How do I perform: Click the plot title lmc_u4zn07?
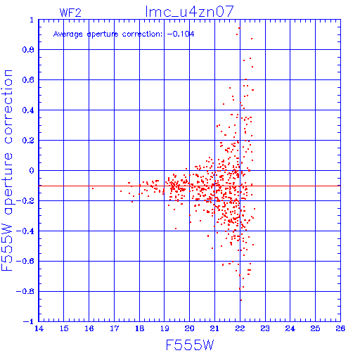189,11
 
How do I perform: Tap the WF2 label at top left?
70,13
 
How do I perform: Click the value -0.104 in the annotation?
181,34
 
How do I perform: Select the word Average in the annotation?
68,34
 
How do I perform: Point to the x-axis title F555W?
190,345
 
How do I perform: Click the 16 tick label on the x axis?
89,328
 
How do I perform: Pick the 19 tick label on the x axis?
165,328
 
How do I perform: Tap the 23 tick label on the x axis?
265,328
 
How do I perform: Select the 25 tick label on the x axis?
315,328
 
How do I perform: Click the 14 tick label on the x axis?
39,328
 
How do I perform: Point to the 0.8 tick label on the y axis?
28,50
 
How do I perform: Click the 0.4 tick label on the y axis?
28,110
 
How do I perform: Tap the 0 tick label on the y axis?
32,170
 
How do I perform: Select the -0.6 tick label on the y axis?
25,261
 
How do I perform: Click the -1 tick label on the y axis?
29,321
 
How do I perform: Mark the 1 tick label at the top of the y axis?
32,20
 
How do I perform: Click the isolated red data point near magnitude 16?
93,188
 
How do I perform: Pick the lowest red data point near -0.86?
241,300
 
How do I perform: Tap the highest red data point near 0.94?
239,28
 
